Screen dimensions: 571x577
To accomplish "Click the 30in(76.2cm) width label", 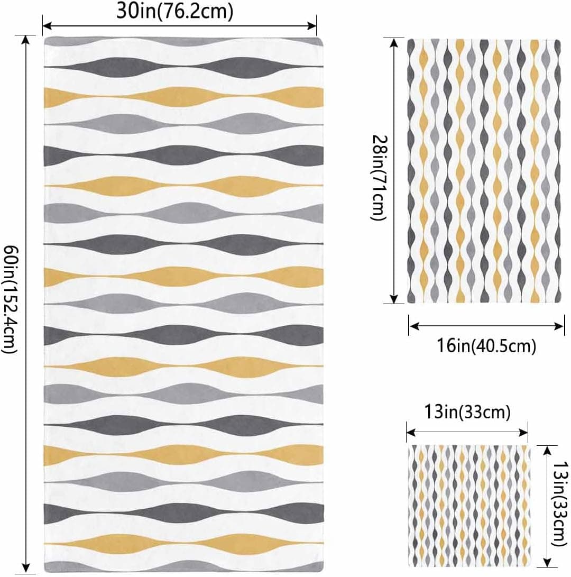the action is coord(175,12).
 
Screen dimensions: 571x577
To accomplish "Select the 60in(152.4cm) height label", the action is coord(10,300).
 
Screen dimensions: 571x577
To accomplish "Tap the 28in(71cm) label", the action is coord(379,178).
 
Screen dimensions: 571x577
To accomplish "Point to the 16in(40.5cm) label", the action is coord(486,345).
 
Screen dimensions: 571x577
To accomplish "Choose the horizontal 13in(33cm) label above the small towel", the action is coord(467,412).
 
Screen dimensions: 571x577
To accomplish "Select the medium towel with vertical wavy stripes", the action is coord(484,171).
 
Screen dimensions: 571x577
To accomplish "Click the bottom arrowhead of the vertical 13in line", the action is coord(547,563).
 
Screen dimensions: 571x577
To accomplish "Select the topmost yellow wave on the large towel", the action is coord(184,97).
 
